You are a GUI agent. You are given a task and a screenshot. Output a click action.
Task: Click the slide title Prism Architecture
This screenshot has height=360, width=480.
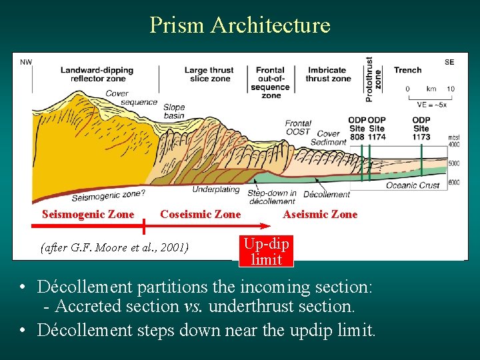pos(240,25)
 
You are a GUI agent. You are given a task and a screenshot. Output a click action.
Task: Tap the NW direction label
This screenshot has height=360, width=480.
pos(27,62)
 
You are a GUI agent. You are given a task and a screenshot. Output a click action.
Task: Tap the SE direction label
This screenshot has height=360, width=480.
pos(449,62)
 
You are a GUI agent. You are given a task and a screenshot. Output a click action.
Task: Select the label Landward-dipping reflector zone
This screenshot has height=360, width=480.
pos(97,74)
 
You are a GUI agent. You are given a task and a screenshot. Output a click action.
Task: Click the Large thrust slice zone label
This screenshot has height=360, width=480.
pos(209,74)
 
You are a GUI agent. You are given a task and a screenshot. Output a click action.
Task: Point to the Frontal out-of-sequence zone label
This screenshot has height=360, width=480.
pos(270,83)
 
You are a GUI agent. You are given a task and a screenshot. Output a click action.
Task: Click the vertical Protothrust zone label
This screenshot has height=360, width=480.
pos(373,79)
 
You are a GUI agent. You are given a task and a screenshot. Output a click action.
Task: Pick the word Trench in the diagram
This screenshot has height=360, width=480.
pos(407,70)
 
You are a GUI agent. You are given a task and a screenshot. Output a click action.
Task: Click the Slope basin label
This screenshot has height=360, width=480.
pos(173,111)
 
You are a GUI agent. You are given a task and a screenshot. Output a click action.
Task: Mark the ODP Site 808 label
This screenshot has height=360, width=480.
pos(357,128)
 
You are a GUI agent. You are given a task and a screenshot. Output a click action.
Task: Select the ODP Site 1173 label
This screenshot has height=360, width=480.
pos(421,128)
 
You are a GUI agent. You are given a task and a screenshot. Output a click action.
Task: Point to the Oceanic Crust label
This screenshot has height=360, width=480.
pos(413,185)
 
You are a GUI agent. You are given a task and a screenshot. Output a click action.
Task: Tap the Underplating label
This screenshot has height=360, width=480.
pos(216,190)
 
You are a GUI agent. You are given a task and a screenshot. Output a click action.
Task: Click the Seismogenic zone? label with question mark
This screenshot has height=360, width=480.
pos(107,195)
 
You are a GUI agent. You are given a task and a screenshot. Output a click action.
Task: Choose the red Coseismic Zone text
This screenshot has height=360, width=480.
pos(200,214)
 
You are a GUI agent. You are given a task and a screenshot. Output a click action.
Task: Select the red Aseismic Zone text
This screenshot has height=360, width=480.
pos(320,214)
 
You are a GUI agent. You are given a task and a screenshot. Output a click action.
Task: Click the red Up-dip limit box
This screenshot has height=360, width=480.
pos(266,252)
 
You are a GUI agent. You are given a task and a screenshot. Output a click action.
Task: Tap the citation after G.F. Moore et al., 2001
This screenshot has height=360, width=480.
pos(115,248)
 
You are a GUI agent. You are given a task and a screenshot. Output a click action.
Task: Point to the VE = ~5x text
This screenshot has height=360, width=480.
pos(431,105)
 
